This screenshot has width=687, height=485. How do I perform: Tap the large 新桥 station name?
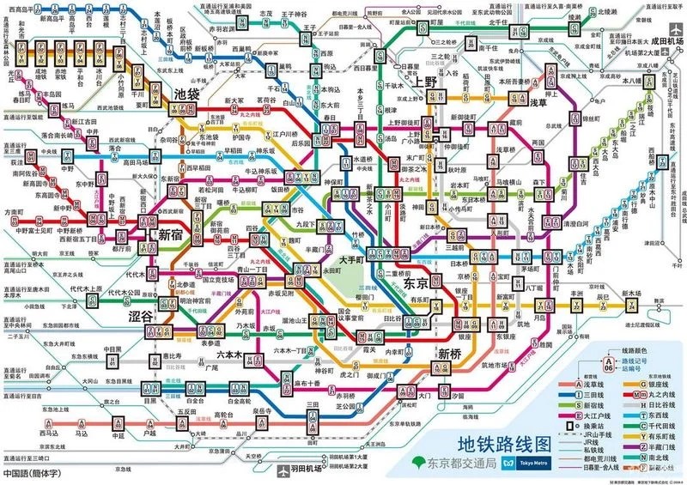tap(452, 354)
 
